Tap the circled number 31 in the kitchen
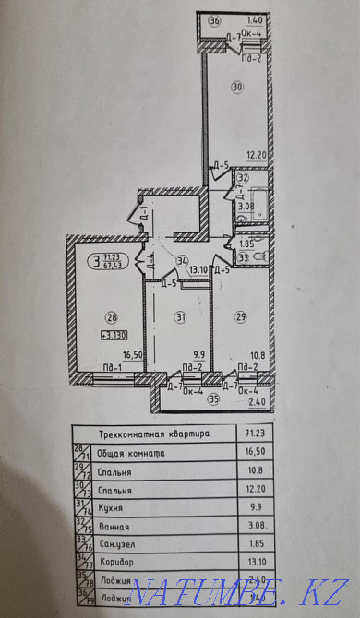[181, 316]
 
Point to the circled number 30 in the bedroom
[237, 88]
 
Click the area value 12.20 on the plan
[255, 156]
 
